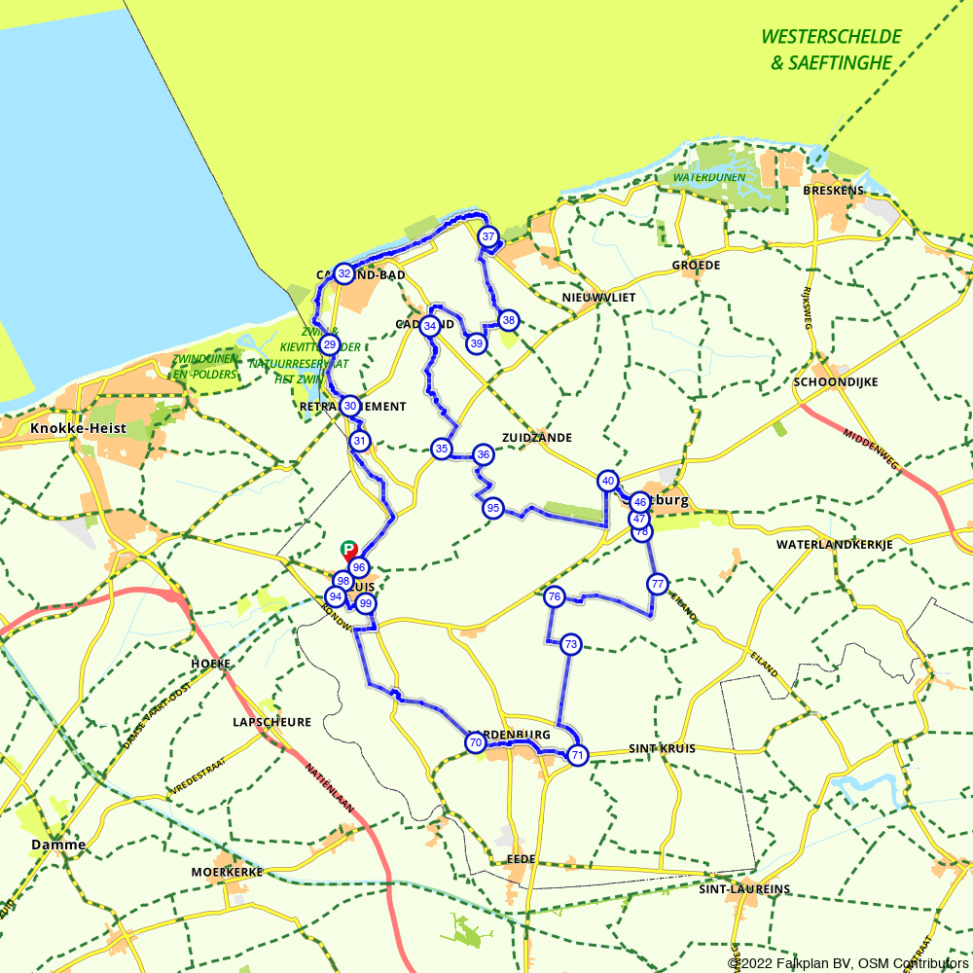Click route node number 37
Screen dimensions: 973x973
(x=488, y=236)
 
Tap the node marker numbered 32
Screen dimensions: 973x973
(x=343, y=273)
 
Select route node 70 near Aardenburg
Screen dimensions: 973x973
(x=475, y=743)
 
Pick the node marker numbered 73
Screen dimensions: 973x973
(x=570, y=644)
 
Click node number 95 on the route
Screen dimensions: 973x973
(x=493, y=508)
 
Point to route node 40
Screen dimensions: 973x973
(x=608, y=481)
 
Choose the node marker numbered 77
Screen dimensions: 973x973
(x=658, y=584)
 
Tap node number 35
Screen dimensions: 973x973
(x=442, y=449)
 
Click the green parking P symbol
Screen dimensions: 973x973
(x=348, y=550)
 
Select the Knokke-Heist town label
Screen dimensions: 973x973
(x=72, y=428)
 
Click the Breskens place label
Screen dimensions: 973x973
(x=834, y=191)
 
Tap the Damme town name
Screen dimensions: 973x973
(x=58, y=845)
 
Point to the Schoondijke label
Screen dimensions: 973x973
(x=836, y=382)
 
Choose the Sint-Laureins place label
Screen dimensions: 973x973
(x=744, y=889)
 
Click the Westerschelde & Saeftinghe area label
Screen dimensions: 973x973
(x=831, y=50)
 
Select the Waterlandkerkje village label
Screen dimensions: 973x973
(x=835, y=545)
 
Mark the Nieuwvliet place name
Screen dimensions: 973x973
(x=598, y=297)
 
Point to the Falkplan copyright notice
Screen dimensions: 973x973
(x=847, y=963)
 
